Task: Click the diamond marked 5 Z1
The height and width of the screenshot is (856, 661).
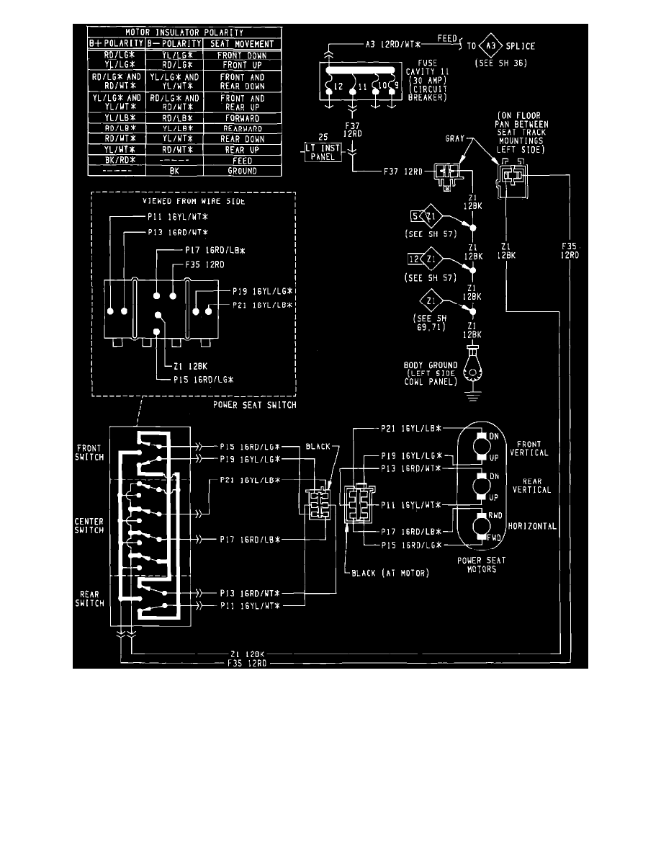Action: tap(419, 215)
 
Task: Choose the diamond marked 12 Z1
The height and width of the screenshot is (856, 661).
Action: tap(419, 259)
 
